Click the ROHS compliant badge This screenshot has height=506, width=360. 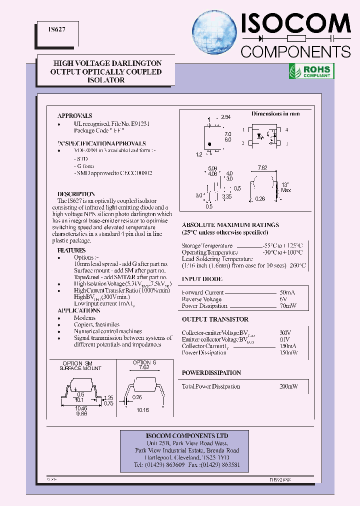click(311, 71)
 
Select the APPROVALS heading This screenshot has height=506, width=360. click(74, 115)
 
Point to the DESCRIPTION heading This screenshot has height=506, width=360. click(76, 194)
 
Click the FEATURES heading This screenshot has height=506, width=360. click(71, 250)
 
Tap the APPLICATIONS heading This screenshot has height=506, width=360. click(78, 310)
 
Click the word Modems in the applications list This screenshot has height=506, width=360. click(84, 318)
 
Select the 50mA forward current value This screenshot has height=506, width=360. click(287, 292)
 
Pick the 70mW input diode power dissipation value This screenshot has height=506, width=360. click(288, 306)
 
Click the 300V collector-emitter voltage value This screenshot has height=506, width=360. click(285, 332)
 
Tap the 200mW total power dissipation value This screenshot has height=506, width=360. click(288, 386)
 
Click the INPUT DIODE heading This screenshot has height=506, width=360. click(202, 279)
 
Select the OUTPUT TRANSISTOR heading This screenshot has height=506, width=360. click(215, 319)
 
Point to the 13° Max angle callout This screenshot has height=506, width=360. click(286, 187)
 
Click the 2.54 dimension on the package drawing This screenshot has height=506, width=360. click(226, 117)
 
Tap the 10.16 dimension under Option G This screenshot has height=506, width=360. click(142, 409)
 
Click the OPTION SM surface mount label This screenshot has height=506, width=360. click(80, 365)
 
